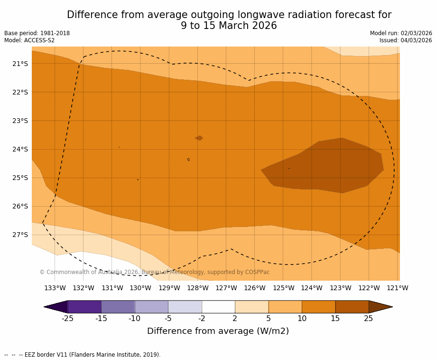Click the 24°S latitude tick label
(20, 149)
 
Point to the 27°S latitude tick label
(20, 235)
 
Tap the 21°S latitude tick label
(20, 64)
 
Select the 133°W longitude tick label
(55, 288)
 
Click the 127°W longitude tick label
(226, 288)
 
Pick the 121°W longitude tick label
(398, 288)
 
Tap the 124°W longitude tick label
(312, 288)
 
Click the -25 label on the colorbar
(68, 319)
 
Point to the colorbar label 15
(335, 319)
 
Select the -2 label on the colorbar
(202, 319)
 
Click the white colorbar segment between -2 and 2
(218, 307)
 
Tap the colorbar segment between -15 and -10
(118, 307)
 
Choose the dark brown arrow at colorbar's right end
(380, 307)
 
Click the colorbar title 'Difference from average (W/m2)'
(218, 331)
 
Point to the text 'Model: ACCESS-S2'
(29, 40)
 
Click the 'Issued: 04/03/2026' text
(406, 40)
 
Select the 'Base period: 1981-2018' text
(37, 33)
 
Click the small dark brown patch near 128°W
(199, 138)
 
